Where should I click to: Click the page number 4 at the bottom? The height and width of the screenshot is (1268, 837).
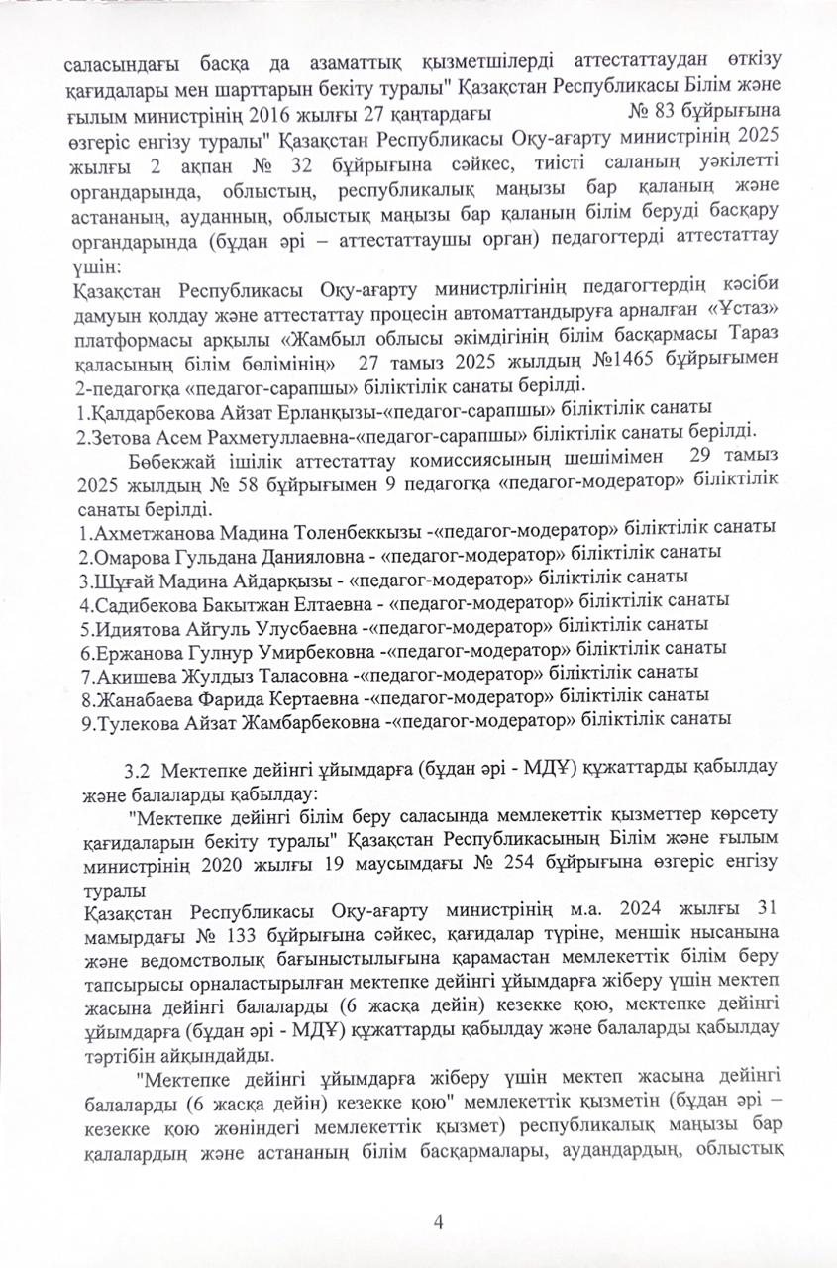pyautogui.click(x=437, y=1220)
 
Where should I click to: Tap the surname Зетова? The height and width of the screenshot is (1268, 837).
pyautogui.click(x=115, y=433)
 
